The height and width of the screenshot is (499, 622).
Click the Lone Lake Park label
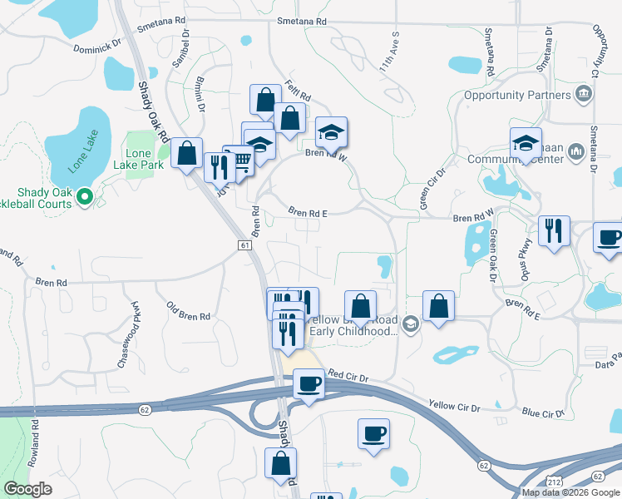143,161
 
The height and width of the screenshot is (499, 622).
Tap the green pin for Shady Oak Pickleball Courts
84,197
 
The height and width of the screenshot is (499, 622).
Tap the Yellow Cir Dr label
454,406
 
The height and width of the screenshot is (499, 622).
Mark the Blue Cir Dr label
543,412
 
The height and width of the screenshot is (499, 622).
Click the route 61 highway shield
244,245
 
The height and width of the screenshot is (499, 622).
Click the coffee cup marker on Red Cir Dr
309,384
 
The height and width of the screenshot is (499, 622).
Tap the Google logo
27,488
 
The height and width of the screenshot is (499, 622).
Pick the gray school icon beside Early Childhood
410,323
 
